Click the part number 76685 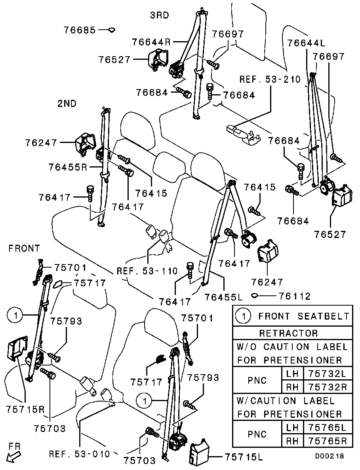pyautogui.click(x=80, y=30)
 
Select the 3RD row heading pyautogui.click(x=159, y=15)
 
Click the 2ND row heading pyautogui.click(x=67, y=104)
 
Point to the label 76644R pyautogui.click(x=151, y=41)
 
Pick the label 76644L pyautogui.click(x=305, y=42)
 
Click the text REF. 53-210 pyautogui.click(x=270, y=79)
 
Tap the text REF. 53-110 pyautogui.click(x=147, y=272)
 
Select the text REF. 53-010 pyautogui.click(x=79, y=453)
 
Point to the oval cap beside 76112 pyautogui.click(x=255, y=295)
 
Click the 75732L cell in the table pyautogui.click(x=327, y=373)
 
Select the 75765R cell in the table pyautogui.click(x=327, y=441)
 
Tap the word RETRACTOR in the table pyautogui.click(x=288, y=333)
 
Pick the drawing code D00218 pyautogui.click(x=330, y=456)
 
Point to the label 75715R pyautogui.click(x=25, y=409)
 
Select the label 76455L pyautogui.click(x=224, y=296)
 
